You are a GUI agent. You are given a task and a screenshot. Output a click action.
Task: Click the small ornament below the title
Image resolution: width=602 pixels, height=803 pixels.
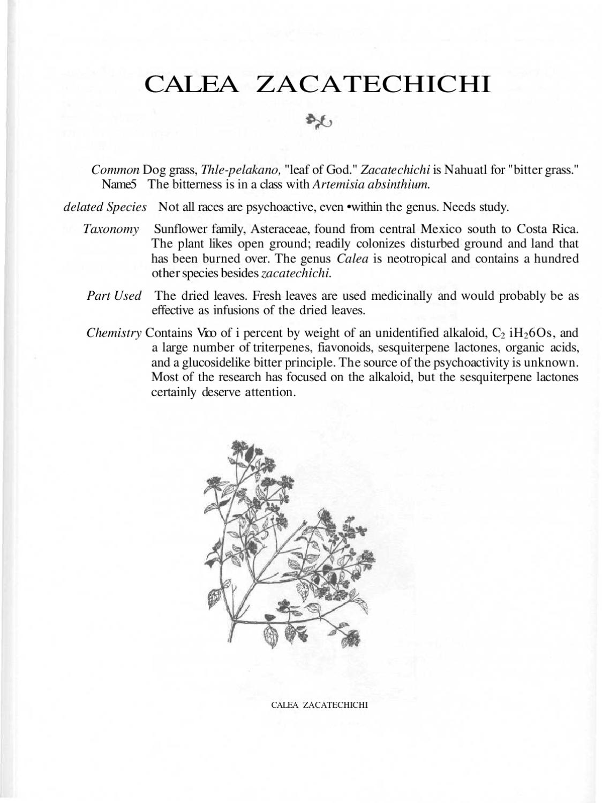tap(319, 123)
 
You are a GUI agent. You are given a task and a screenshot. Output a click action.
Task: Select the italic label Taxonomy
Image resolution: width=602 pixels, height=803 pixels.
tap(111, 229)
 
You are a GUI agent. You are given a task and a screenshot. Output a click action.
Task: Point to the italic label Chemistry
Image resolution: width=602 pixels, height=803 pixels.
tap(114, 332)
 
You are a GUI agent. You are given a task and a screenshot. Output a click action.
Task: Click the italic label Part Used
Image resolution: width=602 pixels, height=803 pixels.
tap(114, 296)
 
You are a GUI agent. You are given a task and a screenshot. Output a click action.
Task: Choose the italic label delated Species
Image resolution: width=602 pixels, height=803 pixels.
tap(105, 207)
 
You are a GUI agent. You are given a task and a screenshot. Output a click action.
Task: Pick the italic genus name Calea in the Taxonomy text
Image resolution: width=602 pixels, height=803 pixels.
tap(352, 259)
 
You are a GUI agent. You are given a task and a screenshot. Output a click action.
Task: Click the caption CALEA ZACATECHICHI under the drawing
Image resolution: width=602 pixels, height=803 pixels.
tap(320, 704)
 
